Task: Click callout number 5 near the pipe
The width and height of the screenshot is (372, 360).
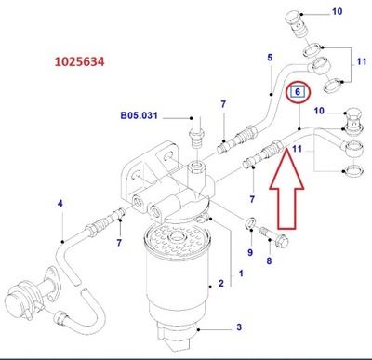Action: [x=270, y=59]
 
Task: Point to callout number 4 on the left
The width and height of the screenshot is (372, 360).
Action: [x=60, y=203]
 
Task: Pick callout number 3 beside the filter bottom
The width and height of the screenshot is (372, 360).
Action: [x=238, y=327]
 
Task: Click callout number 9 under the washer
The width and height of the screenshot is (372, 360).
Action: [x=250, y=253]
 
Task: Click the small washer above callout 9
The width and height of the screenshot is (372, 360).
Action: [x=249, y=223]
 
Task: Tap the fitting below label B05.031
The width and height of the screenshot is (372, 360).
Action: [x=197, y=140]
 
